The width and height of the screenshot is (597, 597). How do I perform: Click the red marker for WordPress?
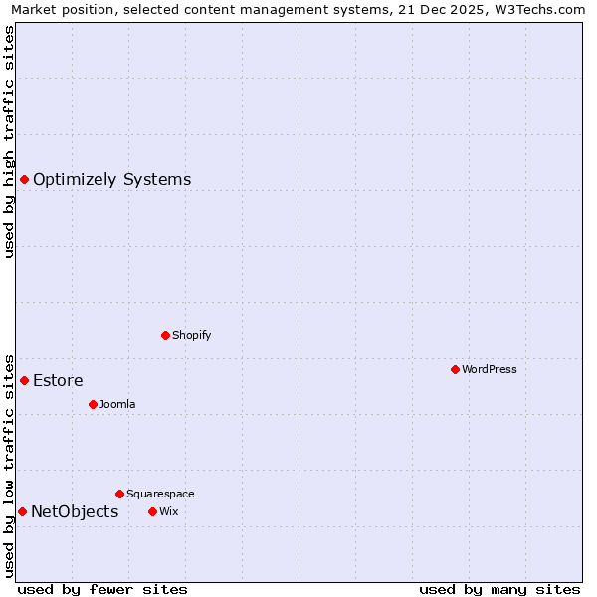click(455, 369)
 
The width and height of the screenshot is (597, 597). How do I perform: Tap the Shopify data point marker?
click(165, 335)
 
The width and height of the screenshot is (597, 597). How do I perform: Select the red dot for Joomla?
click(93, 404)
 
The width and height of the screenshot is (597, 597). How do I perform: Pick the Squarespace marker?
click(119, 494)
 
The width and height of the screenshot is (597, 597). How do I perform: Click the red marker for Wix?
click(152, 511)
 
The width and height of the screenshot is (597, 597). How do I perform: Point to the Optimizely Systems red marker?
click(24, 179)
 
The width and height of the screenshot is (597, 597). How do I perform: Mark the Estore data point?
click(24, 380)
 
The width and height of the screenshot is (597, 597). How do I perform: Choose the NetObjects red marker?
click(22, 511)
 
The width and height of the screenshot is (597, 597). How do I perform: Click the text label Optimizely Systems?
click(111, 180)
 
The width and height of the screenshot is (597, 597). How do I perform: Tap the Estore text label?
click(58, 381)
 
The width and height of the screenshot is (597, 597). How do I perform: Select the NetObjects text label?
click(75, 512)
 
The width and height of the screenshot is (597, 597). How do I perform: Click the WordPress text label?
click(490, 369)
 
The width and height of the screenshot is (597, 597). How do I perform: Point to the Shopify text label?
click(191, 335)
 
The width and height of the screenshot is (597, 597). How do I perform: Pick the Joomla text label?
click(117, 404)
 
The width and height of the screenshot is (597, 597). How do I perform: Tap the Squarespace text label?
click(160, 494)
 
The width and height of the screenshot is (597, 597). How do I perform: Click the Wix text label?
click(168, 511)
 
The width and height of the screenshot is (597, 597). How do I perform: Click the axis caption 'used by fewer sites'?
click(102, 589)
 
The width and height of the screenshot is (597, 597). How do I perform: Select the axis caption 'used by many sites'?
click(499, 589)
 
